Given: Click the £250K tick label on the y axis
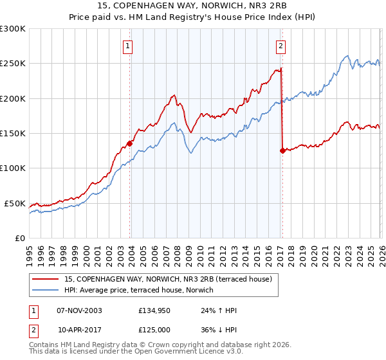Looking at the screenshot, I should [x=13, y=64].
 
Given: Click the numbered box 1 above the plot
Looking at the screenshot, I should [x=129, y=46].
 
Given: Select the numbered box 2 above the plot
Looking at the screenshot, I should [x=282, y=46].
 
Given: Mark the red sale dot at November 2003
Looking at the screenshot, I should [x=129, y=143].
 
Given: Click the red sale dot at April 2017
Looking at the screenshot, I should [x=282, y=150].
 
